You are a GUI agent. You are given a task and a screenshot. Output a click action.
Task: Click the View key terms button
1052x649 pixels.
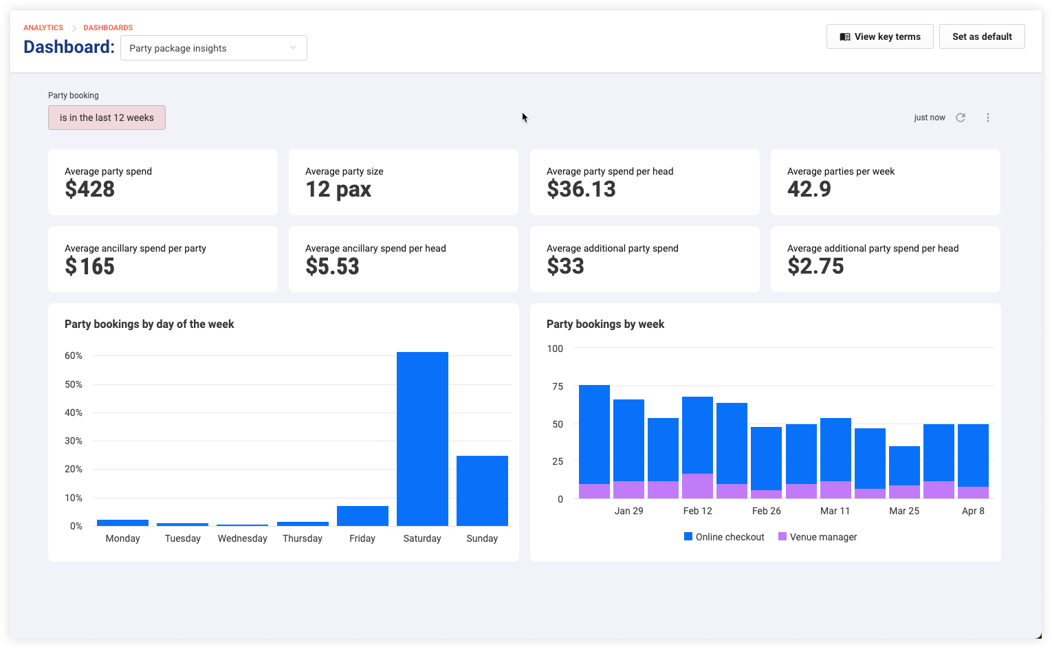(879, 36)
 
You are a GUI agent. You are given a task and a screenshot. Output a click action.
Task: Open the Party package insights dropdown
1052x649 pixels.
(214, 48)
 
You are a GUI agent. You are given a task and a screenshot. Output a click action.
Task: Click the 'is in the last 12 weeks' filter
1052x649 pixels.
(107, 118)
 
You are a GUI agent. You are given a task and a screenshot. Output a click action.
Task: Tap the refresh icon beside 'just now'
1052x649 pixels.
(961, 118)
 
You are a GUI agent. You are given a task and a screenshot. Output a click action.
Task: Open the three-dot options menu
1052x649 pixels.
(987, 118)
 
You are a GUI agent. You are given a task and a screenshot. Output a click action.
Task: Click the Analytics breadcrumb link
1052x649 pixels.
(43, 27)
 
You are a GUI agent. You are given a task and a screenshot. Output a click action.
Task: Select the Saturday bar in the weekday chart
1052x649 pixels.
(422, 439)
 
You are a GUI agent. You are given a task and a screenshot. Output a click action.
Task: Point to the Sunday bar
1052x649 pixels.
(482, 491)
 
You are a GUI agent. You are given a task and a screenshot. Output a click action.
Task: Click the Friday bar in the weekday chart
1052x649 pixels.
(362, 516)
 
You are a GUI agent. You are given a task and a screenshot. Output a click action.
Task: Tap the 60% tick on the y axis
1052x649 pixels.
(74, 355)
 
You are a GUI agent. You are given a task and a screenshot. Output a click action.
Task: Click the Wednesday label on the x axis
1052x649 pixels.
(242, 538)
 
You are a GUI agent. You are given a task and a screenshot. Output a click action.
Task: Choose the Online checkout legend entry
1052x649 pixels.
(724, 537)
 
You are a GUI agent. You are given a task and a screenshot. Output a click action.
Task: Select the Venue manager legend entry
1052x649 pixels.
(818, 537)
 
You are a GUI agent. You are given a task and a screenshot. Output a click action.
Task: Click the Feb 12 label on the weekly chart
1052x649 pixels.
(697, 511)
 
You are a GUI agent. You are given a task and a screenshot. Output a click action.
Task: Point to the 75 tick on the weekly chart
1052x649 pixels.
(558, 386)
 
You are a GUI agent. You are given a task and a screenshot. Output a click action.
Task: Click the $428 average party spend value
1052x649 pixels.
(89, 189)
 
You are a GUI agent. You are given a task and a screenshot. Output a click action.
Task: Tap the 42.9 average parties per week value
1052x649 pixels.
(809, 189)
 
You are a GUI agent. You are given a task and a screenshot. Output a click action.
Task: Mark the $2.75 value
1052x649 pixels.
(815, 266)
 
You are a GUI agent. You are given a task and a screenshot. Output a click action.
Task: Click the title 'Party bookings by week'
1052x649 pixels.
(605, 324)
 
